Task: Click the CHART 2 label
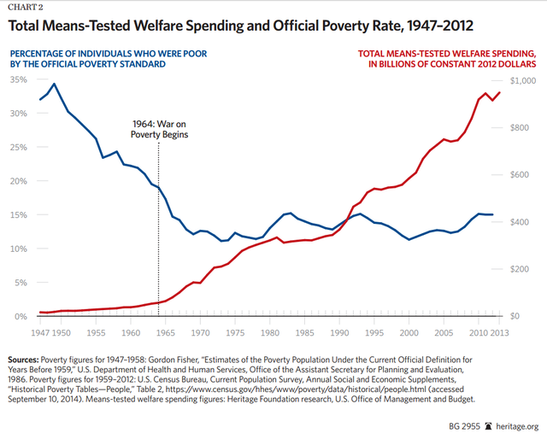(27, 7)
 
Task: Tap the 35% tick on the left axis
(17, 79)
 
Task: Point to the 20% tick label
(17, 181)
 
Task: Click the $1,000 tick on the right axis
(523, 79)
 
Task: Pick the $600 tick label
(521, 174)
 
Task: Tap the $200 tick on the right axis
(521, 269)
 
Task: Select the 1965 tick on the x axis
(165, 331)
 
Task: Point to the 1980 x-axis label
(270, 331)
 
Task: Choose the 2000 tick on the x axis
(409, 331)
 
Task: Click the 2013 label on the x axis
(502, 331)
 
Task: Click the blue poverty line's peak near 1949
(55, 84)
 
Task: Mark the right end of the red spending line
(500, 92)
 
